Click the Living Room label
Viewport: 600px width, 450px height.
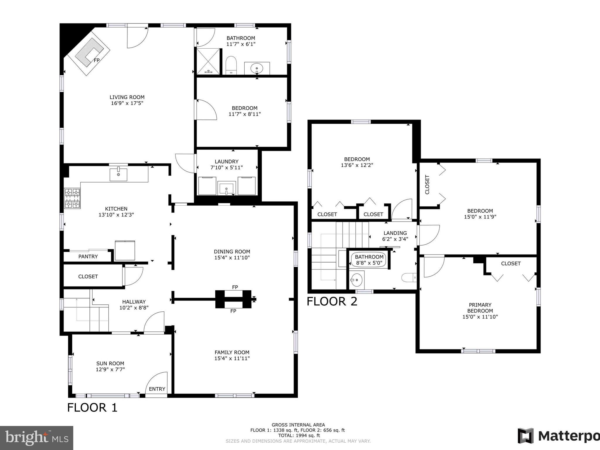(127, 97)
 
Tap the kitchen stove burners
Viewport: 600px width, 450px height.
(72, 198)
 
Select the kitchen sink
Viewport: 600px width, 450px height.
(118, 175)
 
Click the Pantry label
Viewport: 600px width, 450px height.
(88, 257)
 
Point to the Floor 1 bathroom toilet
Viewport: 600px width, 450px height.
(231, 65)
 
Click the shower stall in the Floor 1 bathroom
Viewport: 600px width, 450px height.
(208, 61)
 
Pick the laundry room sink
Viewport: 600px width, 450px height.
(226, 187)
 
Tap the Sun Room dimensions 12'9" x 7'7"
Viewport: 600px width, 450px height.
(110, 369)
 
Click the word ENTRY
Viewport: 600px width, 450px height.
(157, 389)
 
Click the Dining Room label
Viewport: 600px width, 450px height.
(232, 251)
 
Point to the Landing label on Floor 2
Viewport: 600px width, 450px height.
(395, 233)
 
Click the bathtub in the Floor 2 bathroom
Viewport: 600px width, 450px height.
(369, 260)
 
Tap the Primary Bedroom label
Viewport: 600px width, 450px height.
(480, 308)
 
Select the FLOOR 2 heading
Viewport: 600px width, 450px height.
(332, 301)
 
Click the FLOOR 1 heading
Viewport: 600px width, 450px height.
(92, 408)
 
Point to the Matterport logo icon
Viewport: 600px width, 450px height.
(526, 436)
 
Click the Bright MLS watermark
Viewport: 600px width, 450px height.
(37, 438)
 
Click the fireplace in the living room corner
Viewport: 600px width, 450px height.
(88, 56)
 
